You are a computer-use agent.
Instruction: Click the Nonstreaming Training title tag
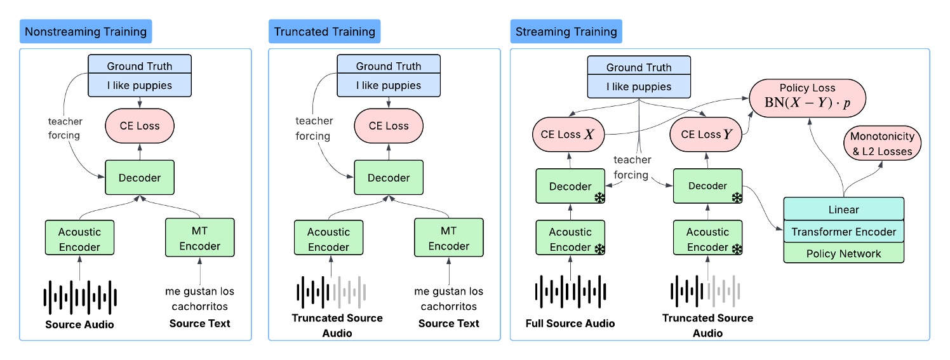click(x=86, y=31)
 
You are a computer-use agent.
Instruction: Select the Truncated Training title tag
click(x=324, y=31)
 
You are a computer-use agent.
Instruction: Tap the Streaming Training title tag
click(x=566, y=31)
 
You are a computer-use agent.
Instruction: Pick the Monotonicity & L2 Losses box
click(x=882, y=143)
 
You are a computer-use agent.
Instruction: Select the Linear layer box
click(x=843, y=209)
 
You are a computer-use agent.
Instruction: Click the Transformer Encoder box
click(x=843, y=232)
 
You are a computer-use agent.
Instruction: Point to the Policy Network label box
click(x=843, y=254)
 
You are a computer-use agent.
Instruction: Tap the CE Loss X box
click(x=568, y=135)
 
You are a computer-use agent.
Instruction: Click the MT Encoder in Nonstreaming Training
click(x=199, y=238)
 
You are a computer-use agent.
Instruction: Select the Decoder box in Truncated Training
click(x=389, y=178)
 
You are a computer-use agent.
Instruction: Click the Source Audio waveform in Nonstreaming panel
click(x=80, y=297)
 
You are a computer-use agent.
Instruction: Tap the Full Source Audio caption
click(x=570, y=323)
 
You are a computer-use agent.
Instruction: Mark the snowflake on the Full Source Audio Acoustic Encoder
click(x=599, y=249)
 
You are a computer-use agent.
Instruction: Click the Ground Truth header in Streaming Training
click(x=638, y=67)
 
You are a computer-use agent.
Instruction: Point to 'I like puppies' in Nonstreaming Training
click(x=139, y=86)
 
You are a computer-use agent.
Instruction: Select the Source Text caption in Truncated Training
click(x=448, y=323)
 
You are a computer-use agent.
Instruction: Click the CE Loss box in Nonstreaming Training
click(x=139, y=126)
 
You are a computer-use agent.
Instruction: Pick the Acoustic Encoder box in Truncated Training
click(x=329, y=239)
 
